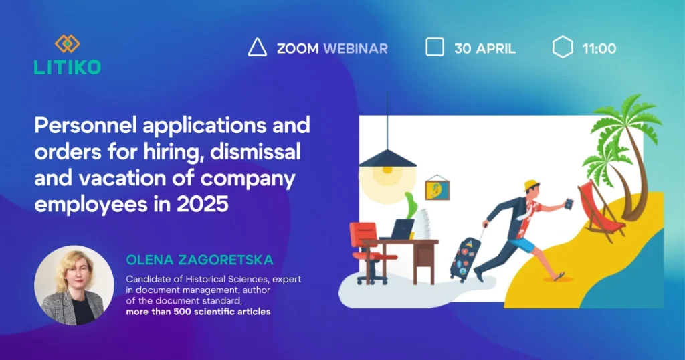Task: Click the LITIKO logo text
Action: [x=68, y=67]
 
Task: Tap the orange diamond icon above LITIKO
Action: [x=68, y=43]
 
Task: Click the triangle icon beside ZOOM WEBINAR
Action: [x=258, y=48]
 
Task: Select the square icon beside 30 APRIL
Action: [x=435, y=47]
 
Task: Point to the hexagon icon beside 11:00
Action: [x=562, y=47]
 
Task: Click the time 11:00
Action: [x=599, y=48]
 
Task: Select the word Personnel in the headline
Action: [x=86, y=125]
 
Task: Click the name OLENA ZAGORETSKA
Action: [x=199, y=260]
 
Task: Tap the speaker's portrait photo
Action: [x=74, y=285]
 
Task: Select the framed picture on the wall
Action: [x=437, y=189]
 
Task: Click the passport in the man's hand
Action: [x=569, y=203]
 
